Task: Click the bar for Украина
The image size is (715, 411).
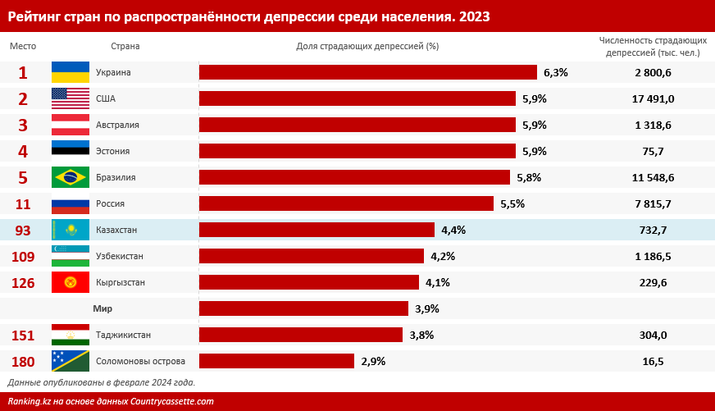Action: pyautogui.click(x=367, y=72)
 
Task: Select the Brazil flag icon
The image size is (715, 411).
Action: pyautogui.click(x=71, y=177)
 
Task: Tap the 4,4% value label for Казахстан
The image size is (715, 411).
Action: pyautogui.click(x=453, y=230)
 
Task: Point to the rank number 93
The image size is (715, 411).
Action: pyautogui.click(x=22, y=230)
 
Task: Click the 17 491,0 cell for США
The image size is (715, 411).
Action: pyautogui.click(x=653, y=98)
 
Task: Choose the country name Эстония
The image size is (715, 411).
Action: pyautogui.click(x=113, y=151)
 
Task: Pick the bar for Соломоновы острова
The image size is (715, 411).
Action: pyautogui.click(x=276, y=361)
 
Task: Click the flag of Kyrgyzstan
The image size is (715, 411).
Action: pyautogui.click(x=71, y=282)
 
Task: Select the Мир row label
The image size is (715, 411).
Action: pyautogui.click(x=102, y=308)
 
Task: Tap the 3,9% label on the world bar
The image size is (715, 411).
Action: pyautogui.click(x=427, y=308)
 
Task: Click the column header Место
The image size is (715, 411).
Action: pyautogui.click(x=23, y=46)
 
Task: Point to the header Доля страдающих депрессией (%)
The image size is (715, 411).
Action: pyautogui.click(x=367, y=46)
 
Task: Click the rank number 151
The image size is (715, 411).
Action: pyautogui.click(x=23, y=335)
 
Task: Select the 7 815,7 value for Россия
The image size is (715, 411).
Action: pyautogui.click(x=653, y=203)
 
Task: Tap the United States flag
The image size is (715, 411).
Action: pyautogui.click(x=71, y=98)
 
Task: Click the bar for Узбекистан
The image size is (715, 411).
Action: pyautogui.click(x=312, y=256)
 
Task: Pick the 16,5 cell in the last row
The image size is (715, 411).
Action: pyautogui.click(x=653, y=361)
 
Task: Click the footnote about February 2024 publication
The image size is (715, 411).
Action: pyautogui.click(x=102, y=382)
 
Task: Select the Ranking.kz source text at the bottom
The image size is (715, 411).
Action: pyautogui.click(x=111, y=401)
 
